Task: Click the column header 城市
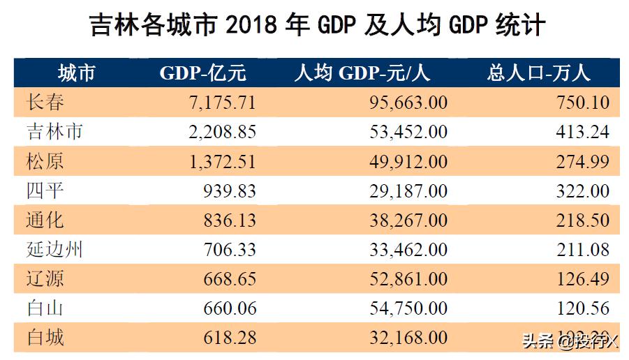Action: [76, 73]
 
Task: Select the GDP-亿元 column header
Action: [203, 73]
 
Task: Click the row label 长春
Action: [46, 103]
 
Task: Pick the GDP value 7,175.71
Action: [223, 103]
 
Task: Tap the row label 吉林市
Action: [55, 132]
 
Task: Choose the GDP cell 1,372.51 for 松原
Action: [223, 161]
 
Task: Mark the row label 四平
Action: [46, 190]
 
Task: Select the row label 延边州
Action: [55, 250]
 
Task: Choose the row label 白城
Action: [46, 338]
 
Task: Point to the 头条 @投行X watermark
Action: [568, 341]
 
